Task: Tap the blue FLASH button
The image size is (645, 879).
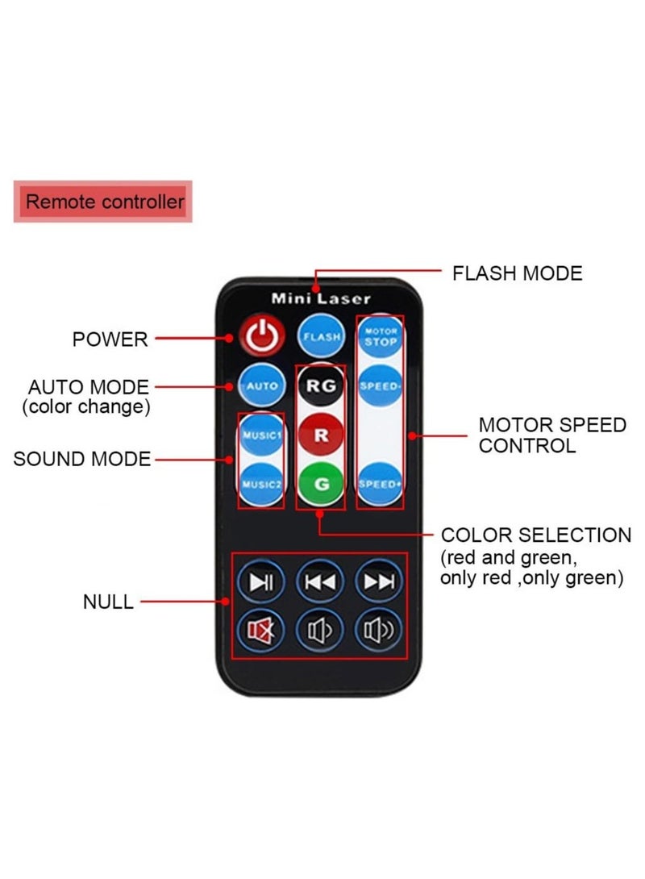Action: click(321, 336)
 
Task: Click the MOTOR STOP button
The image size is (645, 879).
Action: click(381, 335)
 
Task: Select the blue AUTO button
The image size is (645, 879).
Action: click(262, 385)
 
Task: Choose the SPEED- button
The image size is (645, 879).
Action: click(380, 385)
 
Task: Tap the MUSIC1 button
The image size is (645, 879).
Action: click(261, 435)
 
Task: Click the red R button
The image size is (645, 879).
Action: click(321, 435)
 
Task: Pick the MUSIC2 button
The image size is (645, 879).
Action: click(261, 485)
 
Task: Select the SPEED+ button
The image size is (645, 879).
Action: click(380, 485)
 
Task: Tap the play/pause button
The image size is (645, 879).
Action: click(260, 582)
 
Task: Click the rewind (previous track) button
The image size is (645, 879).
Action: click(320, 582)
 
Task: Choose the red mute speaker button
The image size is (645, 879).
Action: click(260, 631)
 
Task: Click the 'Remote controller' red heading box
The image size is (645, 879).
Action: click(103, 202)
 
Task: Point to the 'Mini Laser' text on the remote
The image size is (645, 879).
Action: click(321, 298)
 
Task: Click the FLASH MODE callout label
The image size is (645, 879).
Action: click(518, 273)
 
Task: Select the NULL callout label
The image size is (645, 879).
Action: click(108, 602)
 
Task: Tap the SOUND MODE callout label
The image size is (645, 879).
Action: click(82, 459)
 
